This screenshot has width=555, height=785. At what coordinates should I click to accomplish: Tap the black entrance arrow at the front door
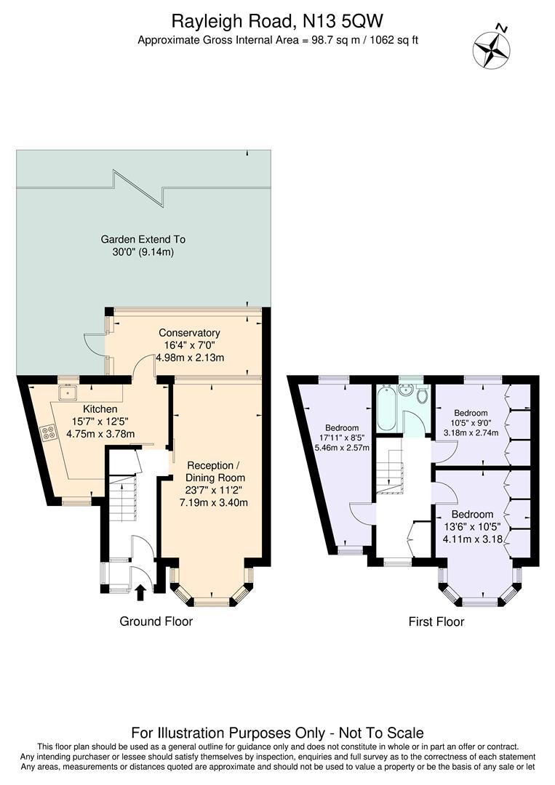(x=140, y=592)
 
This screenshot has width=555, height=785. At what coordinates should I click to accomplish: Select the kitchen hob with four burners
(x=50, y=433)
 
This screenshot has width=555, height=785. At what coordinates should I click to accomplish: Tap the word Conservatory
(x=190, y=333)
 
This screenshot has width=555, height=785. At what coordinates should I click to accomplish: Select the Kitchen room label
(x=100, y=409)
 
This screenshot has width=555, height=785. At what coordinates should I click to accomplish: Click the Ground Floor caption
(x=156, y=621)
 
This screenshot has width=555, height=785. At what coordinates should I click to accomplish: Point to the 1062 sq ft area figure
(x=394, y=40)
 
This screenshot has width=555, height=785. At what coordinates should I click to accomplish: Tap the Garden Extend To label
(x=143, y=238)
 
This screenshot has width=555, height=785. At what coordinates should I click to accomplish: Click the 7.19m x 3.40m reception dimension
(x=215, y=502)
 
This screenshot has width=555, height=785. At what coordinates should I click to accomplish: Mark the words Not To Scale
(x=380, y=733)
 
